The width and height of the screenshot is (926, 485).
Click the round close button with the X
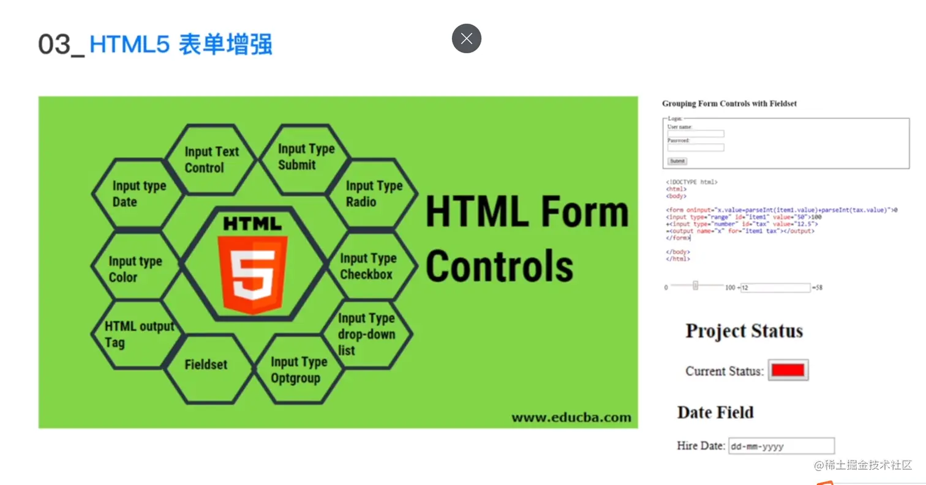[x=467, y=39]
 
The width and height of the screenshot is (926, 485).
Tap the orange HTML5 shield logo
[x=252, y=273]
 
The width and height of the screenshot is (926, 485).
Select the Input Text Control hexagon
[x=211, y=160]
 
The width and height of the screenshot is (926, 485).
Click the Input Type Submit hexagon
[x=305, y=157]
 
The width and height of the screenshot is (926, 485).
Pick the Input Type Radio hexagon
[x=373, y=194]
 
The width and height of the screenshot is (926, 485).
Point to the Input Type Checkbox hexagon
[x=368, y=266]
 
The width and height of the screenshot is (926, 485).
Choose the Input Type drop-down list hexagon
[x=367, y=334]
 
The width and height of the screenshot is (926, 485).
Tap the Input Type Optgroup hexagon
[x=298, y=369]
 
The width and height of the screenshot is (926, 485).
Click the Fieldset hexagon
[x=206, y=365]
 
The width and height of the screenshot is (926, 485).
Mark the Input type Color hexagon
[x=136, y=268]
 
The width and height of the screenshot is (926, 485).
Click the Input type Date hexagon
[x=138, y=194]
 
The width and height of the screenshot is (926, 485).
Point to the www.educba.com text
[x=571, y=418]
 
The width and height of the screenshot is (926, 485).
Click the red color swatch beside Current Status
[x=788, y=370]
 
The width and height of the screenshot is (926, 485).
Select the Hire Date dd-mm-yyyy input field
[x=781, y=446]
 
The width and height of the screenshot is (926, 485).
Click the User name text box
[x=696, y=134]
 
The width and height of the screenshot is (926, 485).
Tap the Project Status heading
[x=743, y=331]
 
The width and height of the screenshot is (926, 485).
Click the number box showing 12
[x=775, y=287]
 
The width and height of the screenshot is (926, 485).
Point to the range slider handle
[x=695, y=286]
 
